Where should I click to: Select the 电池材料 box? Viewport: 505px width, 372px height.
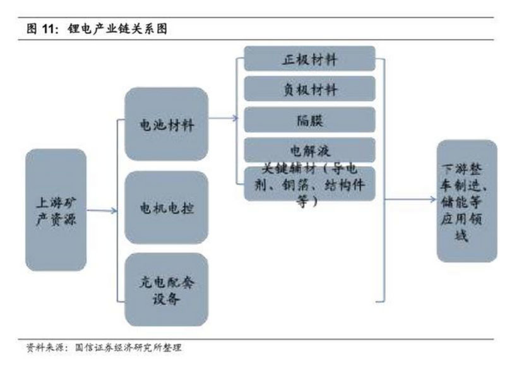click(x=166, y=124)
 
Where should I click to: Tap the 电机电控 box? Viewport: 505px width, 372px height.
click(x=166, y=207)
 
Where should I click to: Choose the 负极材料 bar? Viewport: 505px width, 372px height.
click(x=309, y=89)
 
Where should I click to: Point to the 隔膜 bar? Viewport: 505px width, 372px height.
click(x=309, y=119)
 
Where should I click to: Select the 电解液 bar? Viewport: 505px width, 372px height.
click(x=309, y=149)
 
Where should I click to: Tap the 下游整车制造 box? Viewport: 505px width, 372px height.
click(x=466, y=201)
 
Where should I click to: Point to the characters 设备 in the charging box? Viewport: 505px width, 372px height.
click(x=166, y=299)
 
